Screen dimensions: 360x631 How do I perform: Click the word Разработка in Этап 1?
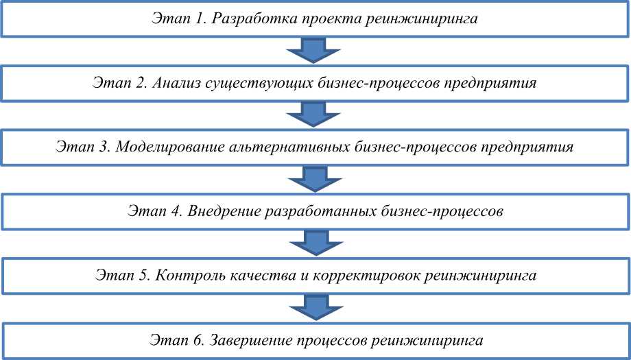248,19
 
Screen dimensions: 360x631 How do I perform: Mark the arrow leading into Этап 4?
315,179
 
